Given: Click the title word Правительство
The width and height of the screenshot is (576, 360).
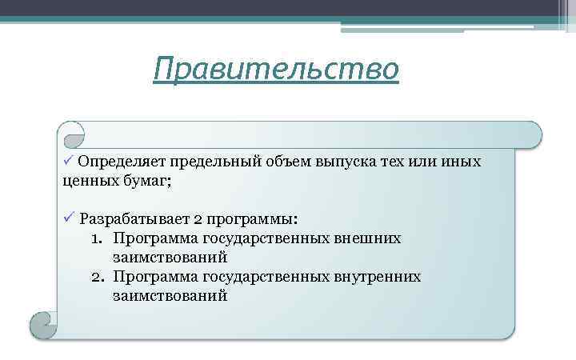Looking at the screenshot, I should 276,69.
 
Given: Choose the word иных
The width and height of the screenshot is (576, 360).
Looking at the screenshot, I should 463,162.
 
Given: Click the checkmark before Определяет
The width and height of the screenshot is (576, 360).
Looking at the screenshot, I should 69,161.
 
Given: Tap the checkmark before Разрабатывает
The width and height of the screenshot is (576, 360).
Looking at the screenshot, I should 69,218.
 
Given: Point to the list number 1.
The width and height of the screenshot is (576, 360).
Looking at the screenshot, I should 96,238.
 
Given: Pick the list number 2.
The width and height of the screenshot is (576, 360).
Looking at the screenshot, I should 96,276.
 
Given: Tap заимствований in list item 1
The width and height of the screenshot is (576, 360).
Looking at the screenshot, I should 170,257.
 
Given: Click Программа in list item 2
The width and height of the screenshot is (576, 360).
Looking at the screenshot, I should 152,276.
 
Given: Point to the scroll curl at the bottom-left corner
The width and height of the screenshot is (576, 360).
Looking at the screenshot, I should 42,324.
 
